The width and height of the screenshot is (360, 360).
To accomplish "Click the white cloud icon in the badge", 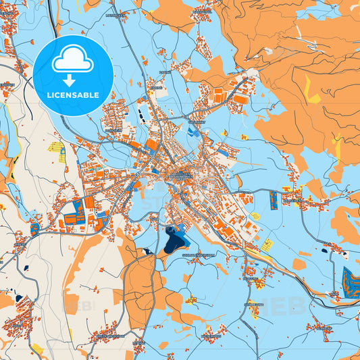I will (x=72, y=61).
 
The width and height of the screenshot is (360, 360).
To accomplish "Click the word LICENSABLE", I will (x=72, y=95).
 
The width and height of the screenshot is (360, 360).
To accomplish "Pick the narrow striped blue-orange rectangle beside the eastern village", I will (x=273, y=199).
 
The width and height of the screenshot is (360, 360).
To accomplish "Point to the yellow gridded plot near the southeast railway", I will (x=267, y=245).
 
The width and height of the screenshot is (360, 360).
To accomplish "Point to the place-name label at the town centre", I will (x=181, y=174).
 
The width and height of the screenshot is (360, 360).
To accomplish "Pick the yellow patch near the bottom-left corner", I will (x=37, y=349).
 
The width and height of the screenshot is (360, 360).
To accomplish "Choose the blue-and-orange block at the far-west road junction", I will (x=34, y=229).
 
